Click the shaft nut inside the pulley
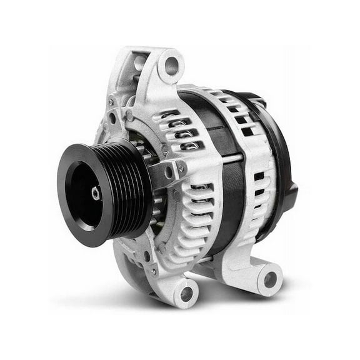pos(96,193)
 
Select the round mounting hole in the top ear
pos(171,64)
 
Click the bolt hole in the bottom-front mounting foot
pos(186,291)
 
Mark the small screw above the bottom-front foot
pos(154,271)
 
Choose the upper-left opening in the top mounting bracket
pos(139,62)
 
